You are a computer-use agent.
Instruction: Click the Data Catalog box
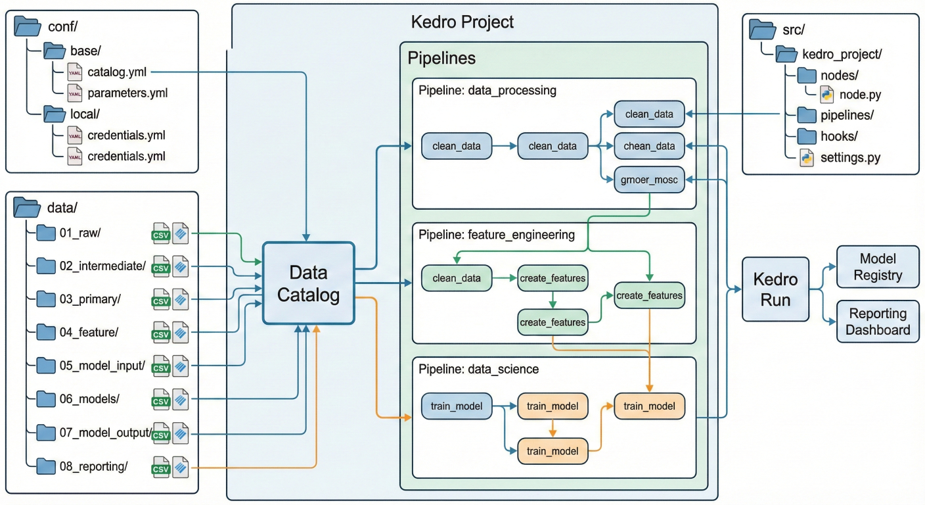point(309,283)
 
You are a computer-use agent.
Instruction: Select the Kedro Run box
point(775,289)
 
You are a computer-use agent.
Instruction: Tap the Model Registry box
point(878,266)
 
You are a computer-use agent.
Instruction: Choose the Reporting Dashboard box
point(878,322)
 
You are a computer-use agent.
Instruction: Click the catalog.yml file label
point(117,71)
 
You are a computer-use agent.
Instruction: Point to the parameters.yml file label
point(127,93)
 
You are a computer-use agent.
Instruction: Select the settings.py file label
point(850,158)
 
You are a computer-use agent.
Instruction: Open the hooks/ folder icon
point(807,136)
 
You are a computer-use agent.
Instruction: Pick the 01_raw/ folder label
point(79,232)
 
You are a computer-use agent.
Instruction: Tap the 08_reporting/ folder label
point(93,466)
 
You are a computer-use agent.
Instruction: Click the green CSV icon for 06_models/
point(161,400)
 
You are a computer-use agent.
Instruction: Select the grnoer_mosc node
point(649,179)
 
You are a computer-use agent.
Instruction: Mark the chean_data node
point(649,146)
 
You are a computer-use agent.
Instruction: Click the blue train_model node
point(457,406)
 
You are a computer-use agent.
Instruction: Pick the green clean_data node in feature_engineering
point(457,278)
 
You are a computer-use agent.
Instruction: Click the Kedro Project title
point(462,22)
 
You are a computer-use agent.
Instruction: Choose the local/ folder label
point(84,113)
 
